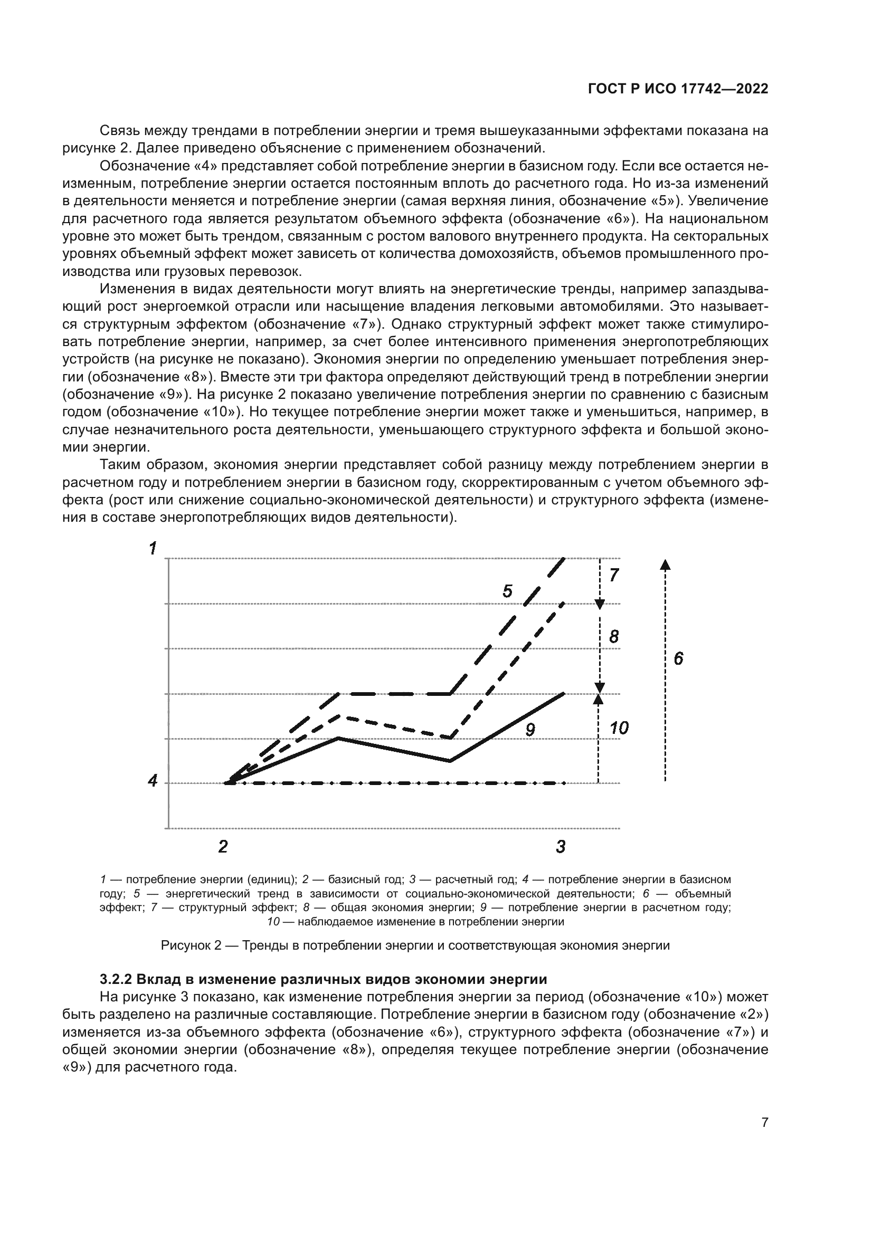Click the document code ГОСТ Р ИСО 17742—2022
[x=678, y=89]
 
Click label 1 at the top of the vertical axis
[x=153, y=548]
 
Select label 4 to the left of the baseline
[x=153, y=780]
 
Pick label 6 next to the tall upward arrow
[x=678, y=658]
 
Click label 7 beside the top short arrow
[x=614, y=575]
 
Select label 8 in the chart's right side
[x=614, y=637]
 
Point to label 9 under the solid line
[x=530, y=730]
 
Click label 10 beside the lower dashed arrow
[x=619, y=728]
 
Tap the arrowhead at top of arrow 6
[x=665, y=564]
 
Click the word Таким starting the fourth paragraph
[x=119, y=464]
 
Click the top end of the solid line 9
[x=564, y=694]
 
